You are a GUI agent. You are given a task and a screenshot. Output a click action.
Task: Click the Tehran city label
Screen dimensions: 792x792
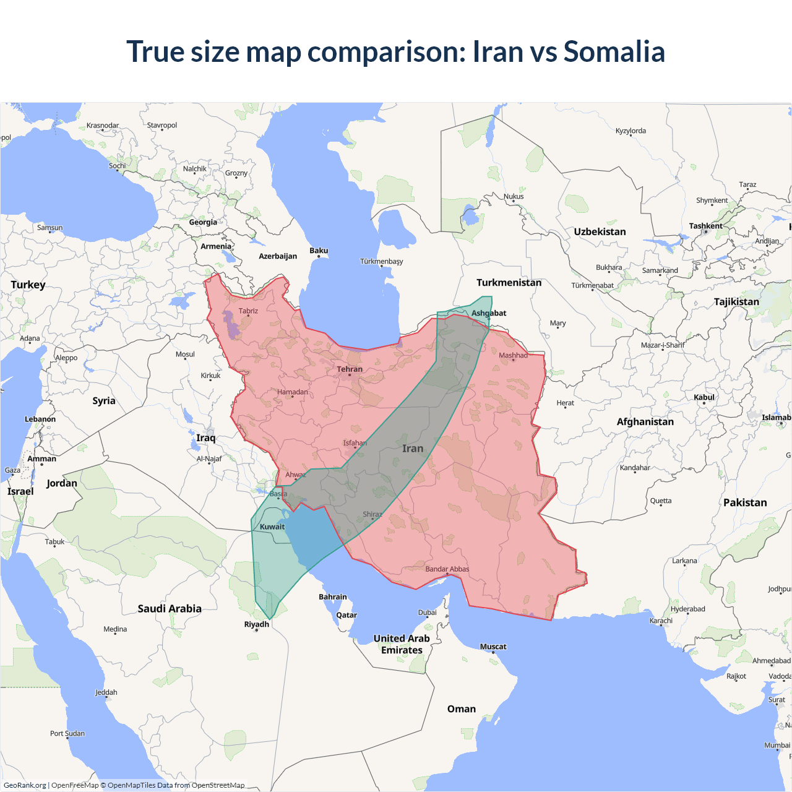(x=350, y=369)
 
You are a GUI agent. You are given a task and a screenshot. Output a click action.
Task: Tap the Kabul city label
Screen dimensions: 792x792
(x=704, y=397)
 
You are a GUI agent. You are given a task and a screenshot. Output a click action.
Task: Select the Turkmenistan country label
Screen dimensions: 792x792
(x=509, y=283)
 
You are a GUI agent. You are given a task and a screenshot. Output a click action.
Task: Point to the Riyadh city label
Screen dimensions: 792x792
(x=257, y=624)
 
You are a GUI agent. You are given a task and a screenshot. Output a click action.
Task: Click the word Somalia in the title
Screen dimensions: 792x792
(x=614, y=51)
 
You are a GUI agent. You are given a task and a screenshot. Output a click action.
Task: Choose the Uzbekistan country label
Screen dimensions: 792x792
(x=600, y=232)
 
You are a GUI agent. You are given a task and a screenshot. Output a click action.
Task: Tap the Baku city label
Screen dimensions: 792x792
(x=319, y=251)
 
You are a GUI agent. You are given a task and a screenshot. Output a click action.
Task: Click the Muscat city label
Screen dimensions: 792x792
(x=493, y=647)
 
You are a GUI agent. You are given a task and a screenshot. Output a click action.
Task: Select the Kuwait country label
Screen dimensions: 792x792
(x=272, y=527)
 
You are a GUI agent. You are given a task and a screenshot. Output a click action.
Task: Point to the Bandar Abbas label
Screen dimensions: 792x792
(x=447, y=569)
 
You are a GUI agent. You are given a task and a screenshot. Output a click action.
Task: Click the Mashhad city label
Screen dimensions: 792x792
(x=513, y=355)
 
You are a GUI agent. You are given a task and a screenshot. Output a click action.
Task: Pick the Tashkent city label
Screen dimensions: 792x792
(x=705, y=226)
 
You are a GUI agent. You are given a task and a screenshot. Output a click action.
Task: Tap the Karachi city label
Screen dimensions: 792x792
(x=661, y=621)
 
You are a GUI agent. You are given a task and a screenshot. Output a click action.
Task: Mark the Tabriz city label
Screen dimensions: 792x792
(x=248, y=311)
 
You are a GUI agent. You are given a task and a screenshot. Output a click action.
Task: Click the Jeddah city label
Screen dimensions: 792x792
(x=106, y=692)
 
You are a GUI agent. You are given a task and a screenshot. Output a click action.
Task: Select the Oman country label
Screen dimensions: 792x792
(x=462, y=709)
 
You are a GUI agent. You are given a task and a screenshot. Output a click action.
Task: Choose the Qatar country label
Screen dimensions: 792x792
(x=346, y=615)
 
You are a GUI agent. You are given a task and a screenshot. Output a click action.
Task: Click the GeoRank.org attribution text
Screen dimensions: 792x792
(x=25, y=785)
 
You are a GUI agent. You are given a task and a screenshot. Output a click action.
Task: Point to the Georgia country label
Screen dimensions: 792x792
(x=203, y=222)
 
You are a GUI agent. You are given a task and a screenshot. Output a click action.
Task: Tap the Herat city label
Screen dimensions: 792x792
(x=565, y=403)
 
